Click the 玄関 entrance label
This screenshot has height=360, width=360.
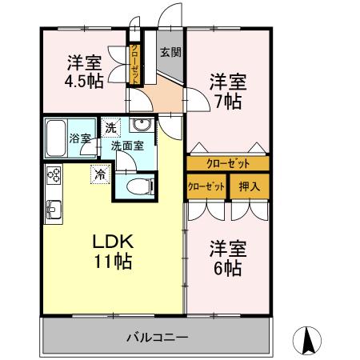pyautogui.click(x=169, y=54)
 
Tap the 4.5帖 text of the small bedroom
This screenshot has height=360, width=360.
pyautogui.click(x=84, y=81)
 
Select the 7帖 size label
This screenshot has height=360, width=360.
pyautogui.click(x=228, y=102)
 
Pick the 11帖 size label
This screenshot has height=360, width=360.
pyautogui.click(x=112, y=262)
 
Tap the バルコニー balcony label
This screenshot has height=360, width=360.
pyautogui.click(x=157, y=337)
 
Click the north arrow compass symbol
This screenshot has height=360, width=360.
pyautogui.click(x=309, y=342)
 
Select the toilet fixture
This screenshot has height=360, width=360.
pyautogui.click(x=137, y=186)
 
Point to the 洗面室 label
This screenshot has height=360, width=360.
pyautogui.click(x=126, y=146)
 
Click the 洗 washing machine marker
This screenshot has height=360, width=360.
pyautogui.click(x=110, y=126)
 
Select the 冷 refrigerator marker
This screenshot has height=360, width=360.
pyautogui.click(x=100, y=172)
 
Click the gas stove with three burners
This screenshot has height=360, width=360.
pyautogui.click(x=54, y=174)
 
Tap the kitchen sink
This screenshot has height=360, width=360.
pyautogui.click(x=54, y=210)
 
